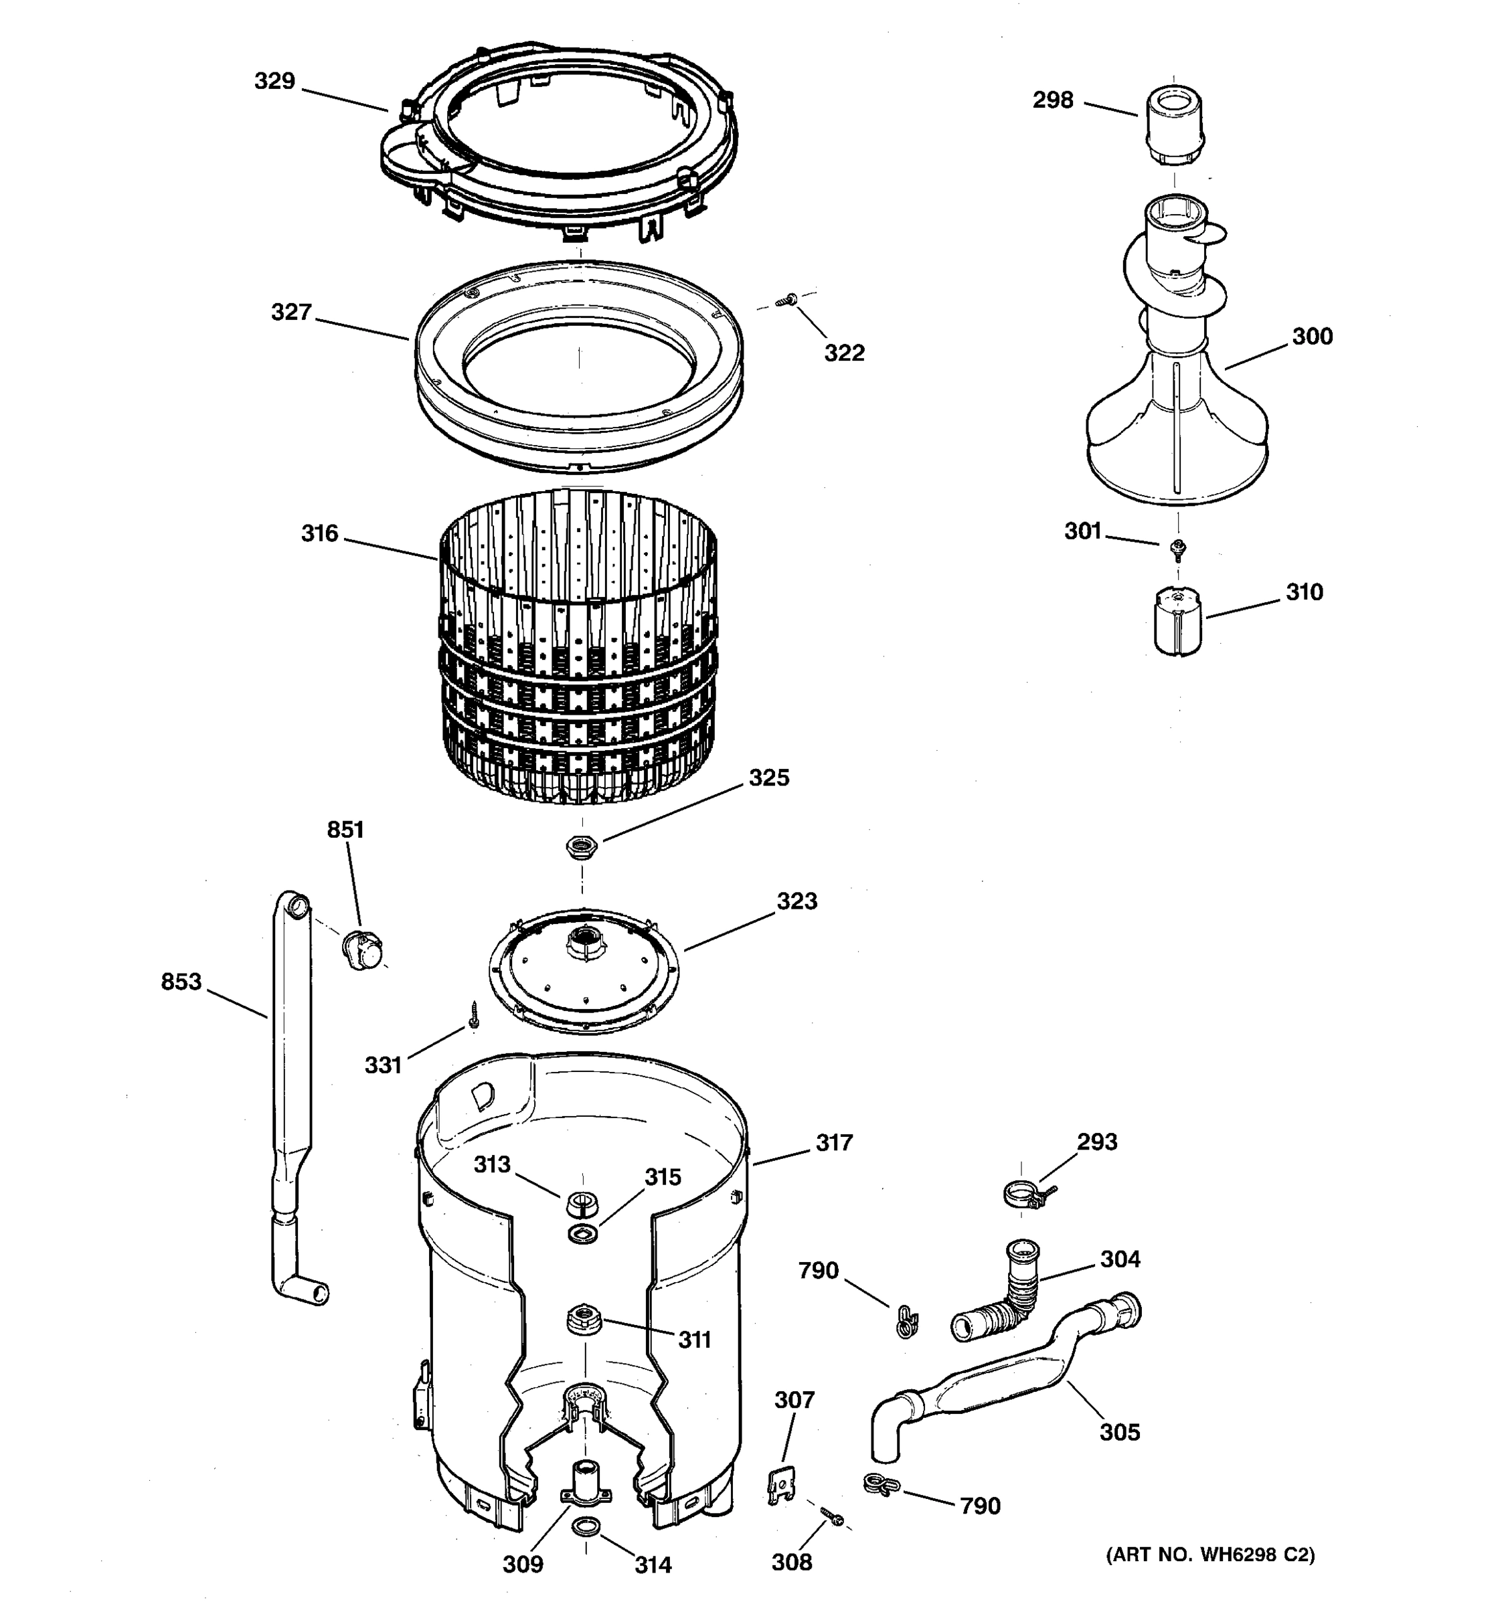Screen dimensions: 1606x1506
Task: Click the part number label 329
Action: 274,82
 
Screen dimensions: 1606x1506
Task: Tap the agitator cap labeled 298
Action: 1172,127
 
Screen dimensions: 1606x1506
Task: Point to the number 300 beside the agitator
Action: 1312,337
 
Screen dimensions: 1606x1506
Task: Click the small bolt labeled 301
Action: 1178,549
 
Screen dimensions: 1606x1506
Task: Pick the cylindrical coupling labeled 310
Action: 1178,620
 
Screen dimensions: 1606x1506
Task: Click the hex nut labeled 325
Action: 581,846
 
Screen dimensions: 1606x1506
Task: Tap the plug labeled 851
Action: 363,950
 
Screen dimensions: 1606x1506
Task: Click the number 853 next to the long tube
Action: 181,982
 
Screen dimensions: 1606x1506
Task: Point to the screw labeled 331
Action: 475,1014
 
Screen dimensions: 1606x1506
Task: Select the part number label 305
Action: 1119,1432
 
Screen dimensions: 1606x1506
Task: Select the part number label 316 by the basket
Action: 319,534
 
